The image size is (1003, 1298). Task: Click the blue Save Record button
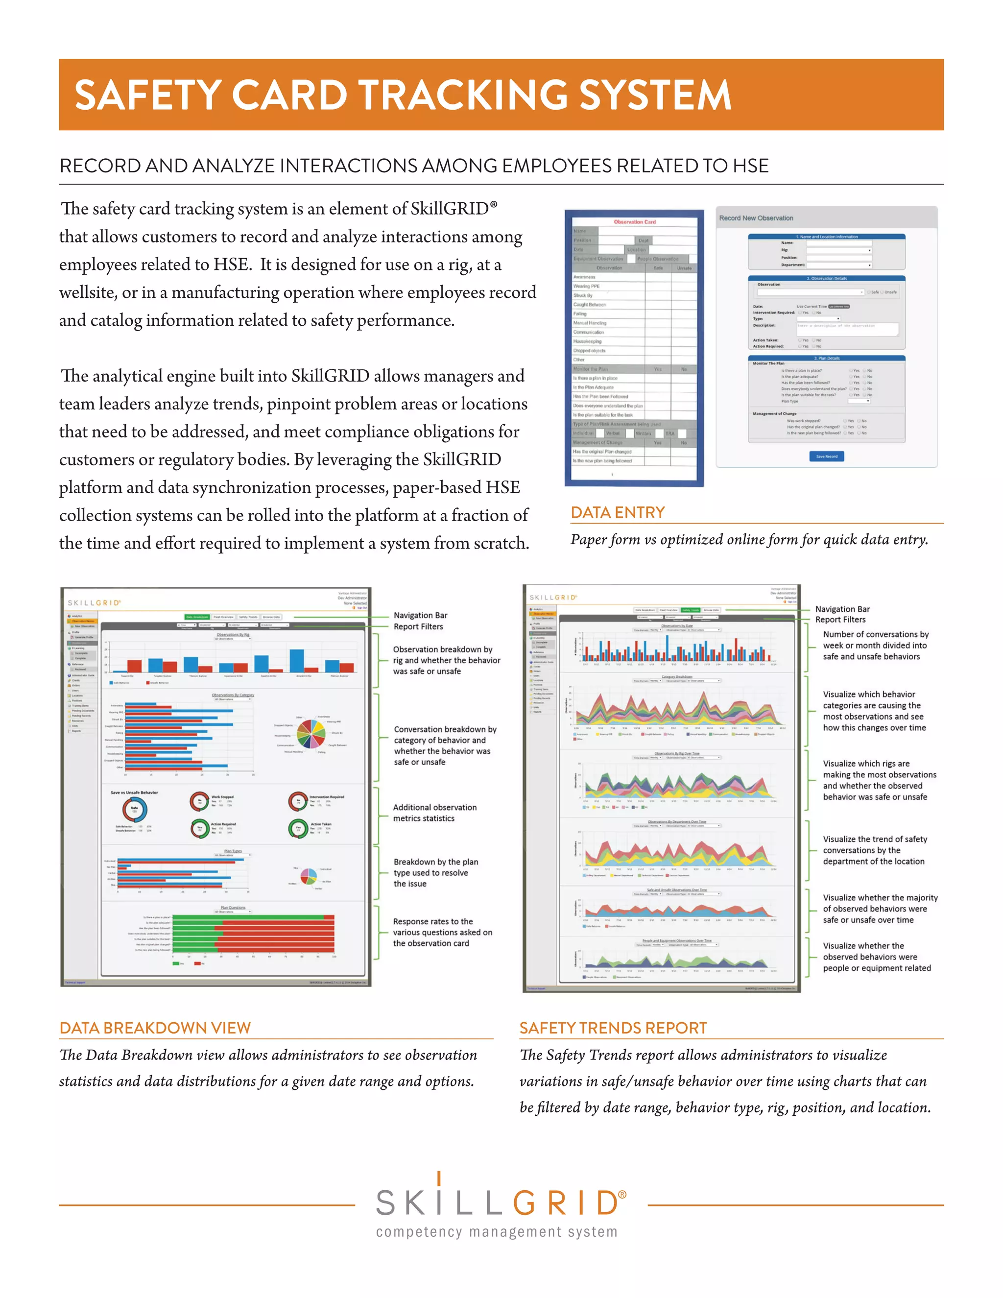click(x=827, y=457)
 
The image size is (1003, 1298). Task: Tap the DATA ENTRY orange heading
click(x=618, y=512)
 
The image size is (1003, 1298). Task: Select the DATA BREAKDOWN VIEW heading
click(x=155, y=1028)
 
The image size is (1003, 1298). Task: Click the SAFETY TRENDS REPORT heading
click(x=613, y=1028)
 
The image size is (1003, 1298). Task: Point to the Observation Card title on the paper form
click(x=635, y=222)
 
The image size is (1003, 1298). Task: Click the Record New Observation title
click(x=756, y=218)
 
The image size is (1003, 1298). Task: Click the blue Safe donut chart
click(x=134, y=810)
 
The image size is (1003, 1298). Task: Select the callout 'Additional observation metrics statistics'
click(x=434, y=813)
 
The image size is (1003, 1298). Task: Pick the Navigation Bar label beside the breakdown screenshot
click(x=420, y=615)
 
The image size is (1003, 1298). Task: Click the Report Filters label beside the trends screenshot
click(x=840, y=619)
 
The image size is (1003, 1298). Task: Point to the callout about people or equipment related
click(x=877, y=957)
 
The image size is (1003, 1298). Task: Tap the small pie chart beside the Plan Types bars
click(x=309, y=876)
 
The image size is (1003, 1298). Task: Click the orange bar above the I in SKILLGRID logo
click(x=438, y=1178)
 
